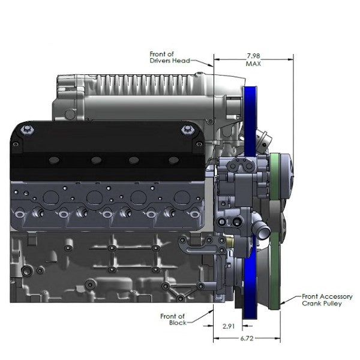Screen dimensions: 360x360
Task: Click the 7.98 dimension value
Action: pyautogui.click(x=253, y=55)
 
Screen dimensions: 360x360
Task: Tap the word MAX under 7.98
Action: pyautogui.click(x=253, y=63)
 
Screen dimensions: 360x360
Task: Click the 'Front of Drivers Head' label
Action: pyautogui.click(x=170, y=58)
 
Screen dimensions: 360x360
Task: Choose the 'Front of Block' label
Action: pyautogui.click(x=173, y=319)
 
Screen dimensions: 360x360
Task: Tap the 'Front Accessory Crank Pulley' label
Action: pyautogui.click(x=327, y=300)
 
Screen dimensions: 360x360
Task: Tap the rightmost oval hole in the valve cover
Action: pyautogui.click(x=173, y=160)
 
